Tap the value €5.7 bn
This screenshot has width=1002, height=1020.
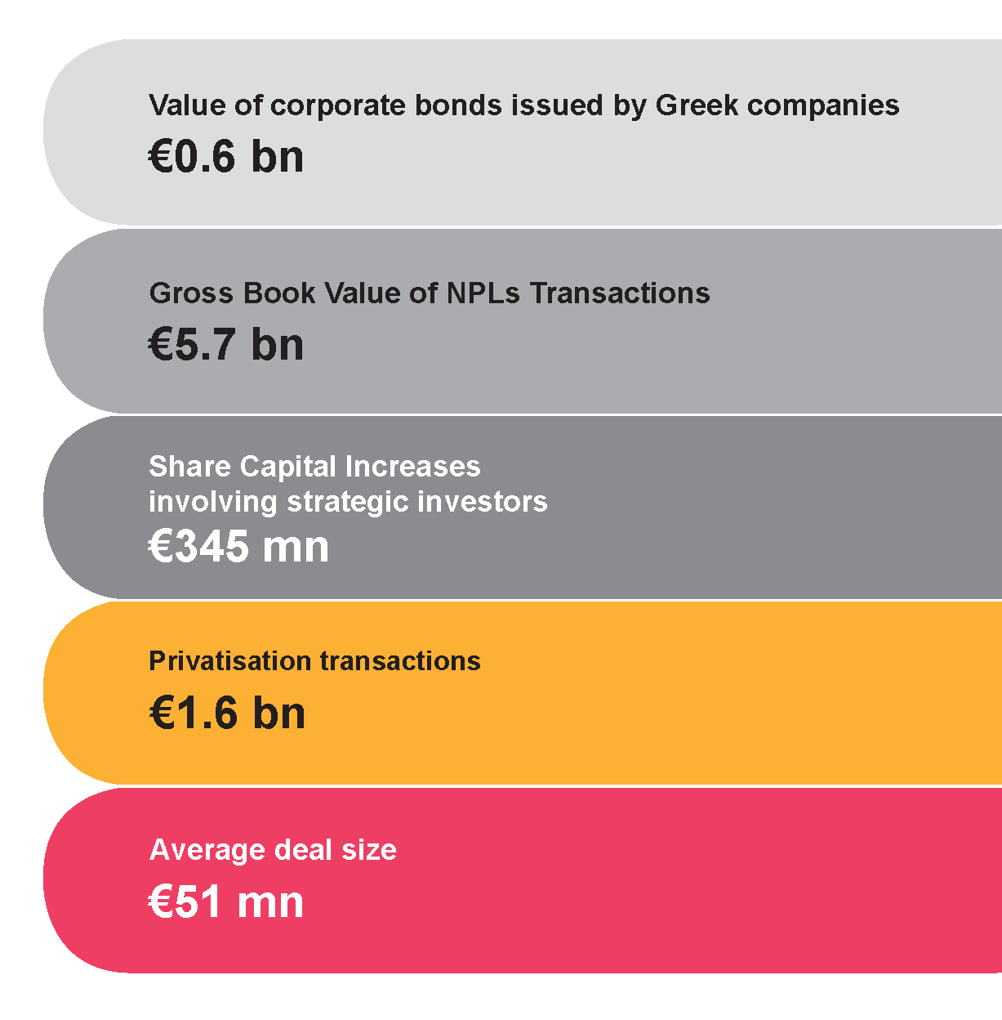(226, 344)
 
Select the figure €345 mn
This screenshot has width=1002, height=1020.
(238, 546)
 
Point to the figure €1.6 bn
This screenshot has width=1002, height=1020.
(227, 713)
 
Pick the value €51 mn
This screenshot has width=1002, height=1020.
(226, 902)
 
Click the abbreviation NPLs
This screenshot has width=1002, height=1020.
(483, 293)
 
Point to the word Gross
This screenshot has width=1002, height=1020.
(191, 293)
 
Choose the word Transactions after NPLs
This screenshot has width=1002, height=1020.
(620, 293)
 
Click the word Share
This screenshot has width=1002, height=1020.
(189, 466)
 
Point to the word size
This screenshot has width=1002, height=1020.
(369, 850)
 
